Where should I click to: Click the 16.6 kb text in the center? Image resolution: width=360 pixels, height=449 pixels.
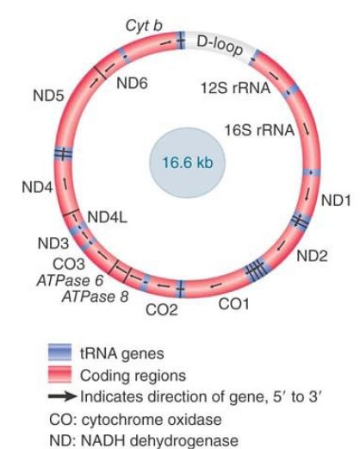point(188,163)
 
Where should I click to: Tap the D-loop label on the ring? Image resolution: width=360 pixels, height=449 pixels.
point(220,46)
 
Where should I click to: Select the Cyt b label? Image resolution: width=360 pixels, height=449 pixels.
point(144,26)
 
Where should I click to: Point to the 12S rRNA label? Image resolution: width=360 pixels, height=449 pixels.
point(235,88)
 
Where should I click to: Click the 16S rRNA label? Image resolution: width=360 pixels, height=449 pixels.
point(259,130)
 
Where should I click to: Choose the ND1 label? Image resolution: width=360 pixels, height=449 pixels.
point(336,200)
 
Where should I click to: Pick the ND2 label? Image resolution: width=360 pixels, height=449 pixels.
point(312,256)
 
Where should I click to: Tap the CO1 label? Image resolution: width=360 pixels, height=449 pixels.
point(233,304)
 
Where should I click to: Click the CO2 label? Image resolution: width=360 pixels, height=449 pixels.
point(162,310)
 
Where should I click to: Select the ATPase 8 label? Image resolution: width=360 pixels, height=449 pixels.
point(95,296)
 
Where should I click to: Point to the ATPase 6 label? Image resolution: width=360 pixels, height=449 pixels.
point(70,280)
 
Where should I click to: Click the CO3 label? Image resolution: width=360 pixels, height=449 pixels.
point(69,264)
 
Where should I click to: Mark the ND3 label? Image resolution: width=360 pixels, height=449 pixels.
point(53,244)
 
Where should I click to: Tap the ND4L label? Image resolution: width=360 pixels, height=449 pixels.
point(107,217)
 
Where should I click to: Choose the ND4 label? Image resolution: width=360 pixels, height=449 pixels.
point(37,188)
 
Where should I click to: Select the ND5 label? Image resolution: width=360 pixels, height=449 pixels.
point(48,96)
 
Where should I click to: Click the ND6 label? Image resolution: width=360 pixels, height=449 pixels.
point(132,84)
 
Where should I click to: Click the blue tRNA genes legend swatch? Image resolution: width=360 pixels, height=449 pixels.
point(59,352)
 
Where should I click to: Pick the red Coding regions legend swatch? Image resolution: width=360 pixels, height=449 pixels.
point(59,374)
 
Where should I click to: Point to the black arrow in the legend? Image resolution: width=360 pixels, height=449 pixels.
point(63,396)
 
